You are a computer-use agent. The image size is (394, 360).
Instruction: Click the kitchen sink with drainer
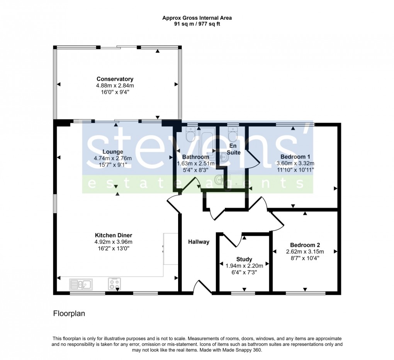pyautogui.click(x=81, y=285)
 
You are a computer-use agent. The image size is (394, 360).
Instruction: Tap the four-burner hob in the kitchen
pyautogui.click(x=114, y=284)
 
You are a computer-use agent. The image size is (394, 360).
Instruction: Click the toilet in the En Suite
pyautogui.click(x=233, y=135)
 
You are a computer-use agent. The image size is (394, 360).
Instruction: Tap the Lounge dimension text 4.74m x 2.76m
pyautogui.click(x=113, y=158)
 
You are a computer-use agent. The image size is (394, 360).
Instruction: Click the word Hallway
pyautogui.click(x=199, y=242)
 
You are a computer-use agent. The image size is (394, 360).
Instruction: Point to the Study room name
pyautogui.click(x=244, y=259)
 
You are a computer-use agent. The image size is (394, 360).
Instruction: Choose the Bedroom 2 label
pyautogui.click(x=305, y=245)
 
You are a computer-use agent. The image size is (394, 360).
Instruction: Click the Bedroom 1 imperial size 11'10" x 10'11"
pyautogui.click(x=295, y=169)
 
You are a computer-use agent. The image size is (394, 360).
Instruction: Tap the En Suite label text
pyautogui.click(x=233, y=149)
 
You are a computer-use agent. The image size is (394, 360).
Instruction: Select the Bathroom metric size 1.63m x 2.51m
pyautogui.click(x=196, y=163)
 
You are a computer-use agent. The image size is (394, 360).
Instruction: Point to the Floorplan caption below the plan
pyautogui.click(x=69, y=314)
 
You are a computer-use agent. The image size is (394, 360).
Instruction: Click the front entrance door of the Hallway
pyautogui.click(x=202, y=288)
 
